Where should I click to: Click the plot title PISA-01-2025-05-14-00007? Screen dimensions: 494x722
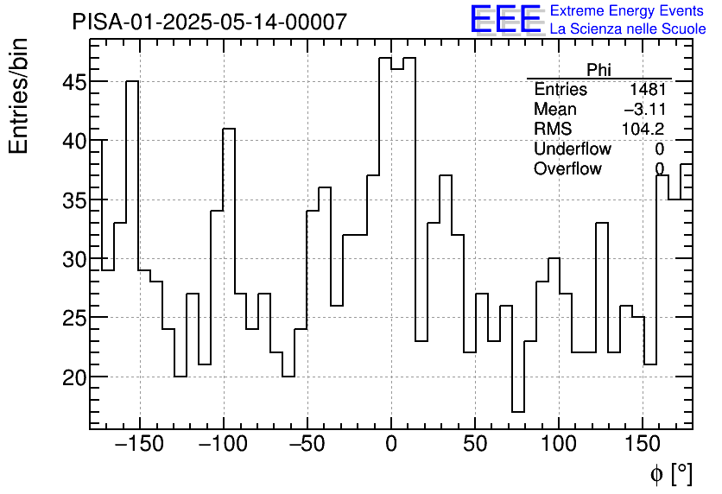tap(210, 22)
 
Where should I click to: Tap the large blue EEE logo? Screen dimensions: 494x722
tap(505, 20)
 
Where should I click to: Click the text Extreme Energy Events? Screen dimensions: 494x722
tap(627, 11)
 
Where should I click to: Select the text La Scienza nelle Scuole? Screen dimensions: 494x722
tap(627, 29)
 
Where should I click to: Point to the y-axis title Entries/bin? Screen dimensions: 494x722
tap(19, 96)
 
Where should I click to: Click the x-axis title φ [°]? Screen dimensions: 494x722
tap(670, 473)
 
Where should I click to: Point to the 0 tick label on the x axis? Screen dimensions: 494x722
tap(391, 445)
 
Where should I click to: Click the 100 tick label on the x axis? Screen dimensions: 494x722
tap(559, 445)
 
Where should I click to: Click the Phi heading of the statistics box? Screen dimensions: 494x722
tap(598, 70)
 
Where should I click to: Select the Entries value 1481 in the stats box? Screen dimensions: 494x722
tap(647, 90)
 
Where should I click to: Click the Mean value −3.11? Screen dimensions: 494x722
tap(644, 110)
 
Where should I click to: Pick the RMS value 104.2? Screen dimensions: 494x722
tap(643, 130)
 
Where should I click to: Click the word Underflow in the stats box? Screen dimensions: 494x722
tap(572, 149)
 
